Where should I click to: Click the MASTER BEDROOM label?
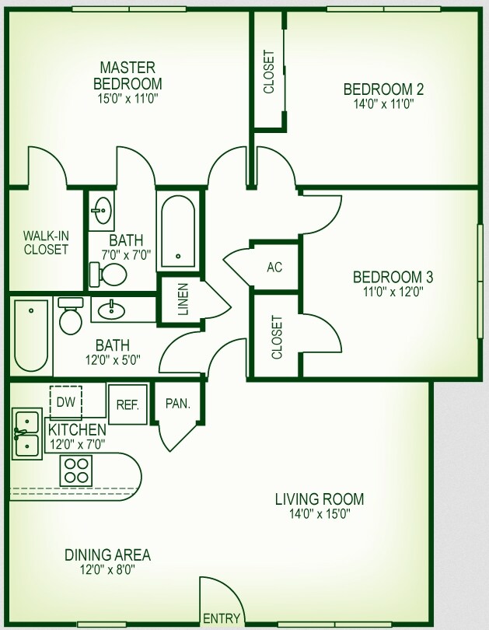point(127,75)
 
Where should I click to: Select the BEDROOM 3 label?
point(393,277)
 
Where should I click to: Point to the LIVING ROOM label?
point(320,499)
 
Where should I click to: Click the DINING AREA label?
point(107,555)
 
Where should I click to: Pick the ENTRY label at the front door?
point(222,619)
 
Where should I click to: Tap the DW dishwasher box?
point(65,402)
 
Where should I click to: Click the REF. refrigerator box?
point(127,404)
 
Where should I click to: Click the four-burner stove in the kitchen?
point(77,470)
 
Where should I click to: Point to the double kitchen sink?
point(27,434)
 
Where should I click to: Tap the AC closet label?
point(274,268)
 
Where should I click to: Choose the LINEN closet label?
point(183,300)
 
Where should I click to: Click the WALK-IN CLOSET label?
point(45,242)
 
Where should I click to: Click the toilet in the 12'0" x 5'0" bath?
point(71,315)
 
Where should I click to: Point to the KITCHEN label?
point(77,429)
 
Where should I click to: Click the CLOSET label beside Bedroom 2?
point(269,72)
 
